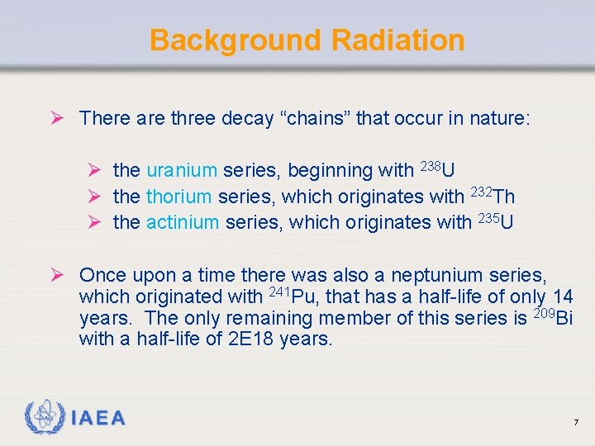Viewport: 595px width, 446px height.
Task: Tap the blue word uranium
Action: click(x=182, y=171)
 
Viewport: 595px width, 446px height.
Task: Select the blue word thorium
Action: click(x=180, y=197)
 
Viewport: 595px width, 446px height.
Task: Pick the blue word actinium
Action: click(x=183, y=222)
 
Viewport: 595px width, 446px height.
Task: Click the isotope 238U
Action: click(x=437, y=169)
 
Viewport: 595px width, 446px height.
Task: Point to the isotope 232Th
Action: click(x=493, y=196)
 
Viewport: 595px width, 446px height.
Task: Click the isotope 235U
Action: click(x=495, y=221)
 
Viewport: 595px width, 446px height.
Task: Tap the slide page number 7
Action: click(x=576, y=423)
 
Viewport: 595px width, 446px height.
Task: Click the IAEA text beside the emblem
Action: click(x=98, y=418)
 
